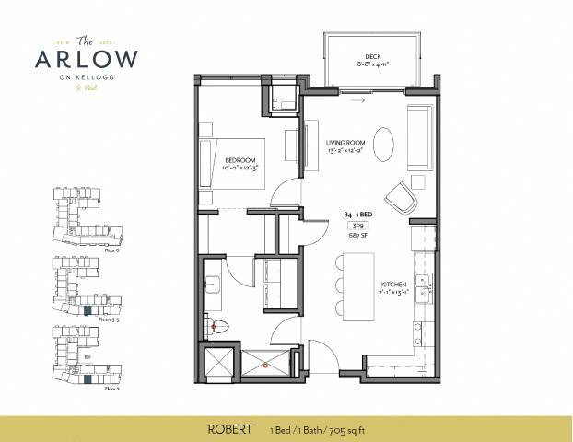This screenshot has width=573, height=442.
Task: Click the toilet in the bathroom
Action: pos(214,324)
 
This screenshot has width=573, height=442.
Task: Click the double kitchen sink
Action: pos(424,290)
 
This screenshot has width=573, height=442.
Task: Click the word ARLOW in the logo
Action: pos(88,58)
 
